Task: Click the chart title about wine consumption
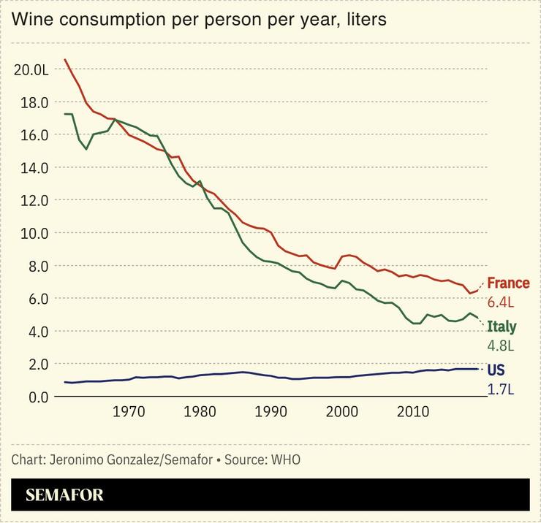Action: point(199,20)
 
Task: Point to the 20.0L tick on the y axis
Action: point(31,69)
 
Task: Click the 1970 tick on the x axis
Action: point(129,413)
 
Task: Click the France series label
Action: point(508,283)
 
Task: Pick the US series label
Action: point(496,370)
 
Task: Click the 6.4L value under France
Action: point(502,302)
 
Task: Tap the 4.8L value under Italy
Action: point(502,346)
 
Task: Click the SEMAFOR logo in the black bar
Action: point(64,495)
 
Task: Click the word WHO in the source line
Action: point(286,459)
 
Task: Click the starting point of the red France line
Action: point(65,60)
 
